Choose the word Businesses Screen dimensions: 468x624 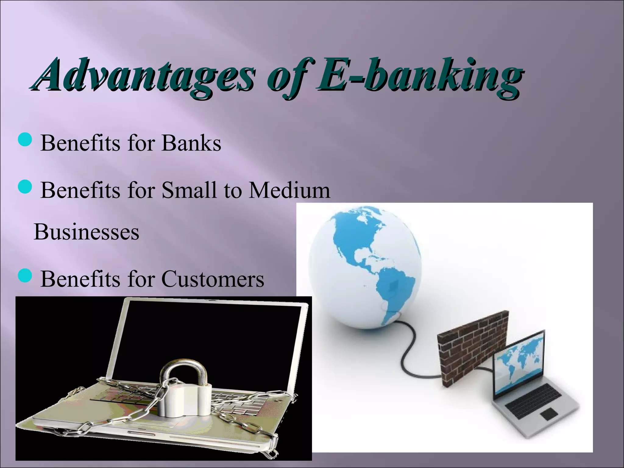click(87, 232)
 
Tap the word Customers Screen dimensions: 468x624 click(213, 278)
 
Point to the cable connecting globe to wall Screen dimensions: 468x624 click(408, 344)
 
